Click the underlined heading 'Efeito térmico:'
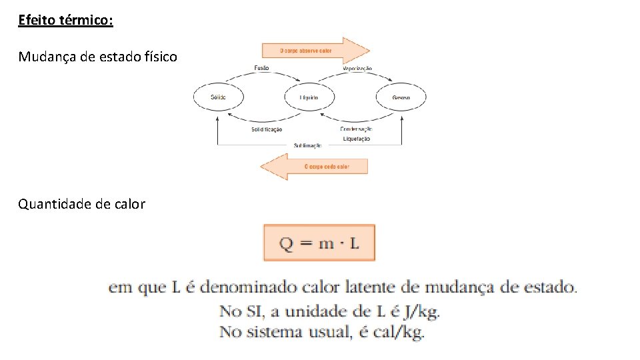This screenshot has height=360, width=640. pyautogui.click(x=65, y=21)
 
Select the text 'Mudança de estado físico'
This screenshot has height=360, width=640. pyautogui.click(x=97, y=57)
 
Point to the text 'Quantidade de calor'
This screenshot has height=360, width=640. pyautogui.click(x=81, y=204)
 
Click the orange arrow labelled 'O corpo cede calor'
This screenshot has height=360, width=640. pyautogui.click(x=314, y=166)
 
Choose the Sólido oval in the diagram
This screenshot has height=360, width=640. pyautogui.click(x=218, y=97)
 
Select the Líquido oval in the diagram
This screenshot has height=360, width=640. pyautogui.click(x=309, y=97)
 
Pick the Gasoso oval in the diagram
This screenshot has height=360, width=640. pyautogui.click(x=401, y=97)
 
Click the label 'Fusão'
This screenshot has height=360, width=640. pyautogui.click(x=263, y=68)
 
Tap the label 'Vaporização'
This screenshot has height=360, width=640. pyautogui.click(x=357, y=69)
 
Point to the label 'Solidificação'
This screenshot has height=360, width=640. pyautogui.click(x=267, y=129)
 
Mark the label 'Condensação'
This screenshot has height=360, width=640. pyautogui.click(x=357, y=129)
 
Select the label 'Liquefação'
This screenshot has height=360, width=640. pyautogui.click(x=357, y=139)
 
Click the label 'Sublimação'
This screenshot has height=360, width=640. pyautogui.click(x=308, y=145)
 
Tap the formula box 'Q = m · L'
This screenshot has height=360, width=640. pyautogui.click(x=319, y=243)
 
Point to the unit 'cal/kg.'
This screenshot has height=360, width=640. pyautogui.click(x=398, y=332)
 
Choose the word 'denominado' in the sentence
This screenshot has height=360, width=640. pyautogui.click(x=240, y=288)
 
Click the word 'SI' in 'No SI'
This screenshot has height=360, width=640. pyautogui.click(x=252, y=311)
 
